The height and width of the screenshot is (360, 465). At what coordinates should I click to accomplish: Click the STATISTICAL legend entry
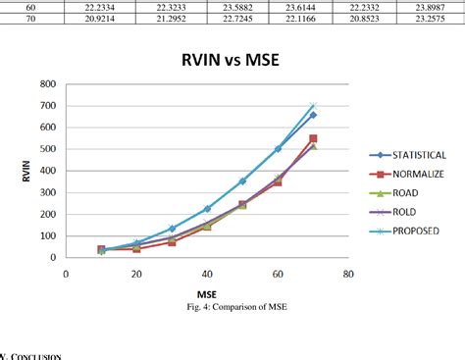pos(418,155)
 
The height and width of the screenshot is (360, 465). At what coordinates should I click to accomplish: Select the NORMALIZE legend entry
pos(417,175)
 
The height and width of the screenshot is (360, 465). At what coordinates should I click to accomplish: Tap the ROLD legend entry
pos(404,212)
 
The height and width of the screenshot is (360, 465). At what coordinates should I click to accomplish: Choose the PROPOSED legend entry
pos(414,231)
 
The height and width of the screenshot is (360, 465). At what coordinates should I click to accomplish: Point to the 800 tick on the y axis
pos(46,84)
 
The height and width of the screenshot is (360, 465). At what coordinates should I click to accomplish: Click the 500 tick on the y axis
pos(46,149)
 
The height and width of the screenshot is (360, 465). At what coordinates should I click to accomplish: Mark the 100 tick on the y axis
pos(46,235)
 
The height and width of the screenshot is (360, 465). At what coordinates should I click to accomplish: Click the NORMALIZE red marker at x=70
pos(313,139)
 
